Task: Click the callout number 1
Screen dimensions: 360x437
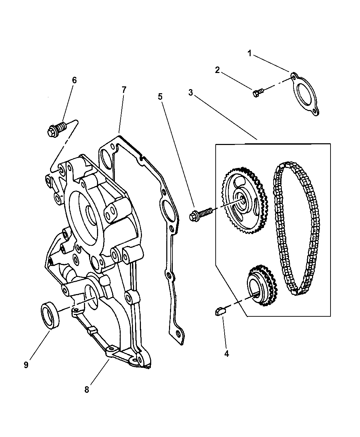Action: [x=249, y=53]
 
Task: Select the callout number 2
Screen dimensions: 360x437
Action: [x=217, y=70]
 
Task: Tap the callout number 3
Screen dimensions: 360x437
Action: [x=190, y=92]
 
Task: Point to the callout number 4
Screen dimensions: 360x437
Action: [x=226, y=353]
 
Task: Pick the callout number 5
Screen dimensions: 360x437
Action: [x=160, y=97]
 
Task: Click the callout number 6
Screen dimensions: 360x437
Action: [x=74, y=80]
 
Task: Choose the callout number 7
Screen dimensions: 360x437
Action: [x=124, y=90]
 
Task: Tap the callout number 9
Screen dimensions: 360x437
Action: [x=26, y=365]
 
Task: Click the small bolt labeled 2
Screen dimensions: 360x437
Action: [x=258, y=93]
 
